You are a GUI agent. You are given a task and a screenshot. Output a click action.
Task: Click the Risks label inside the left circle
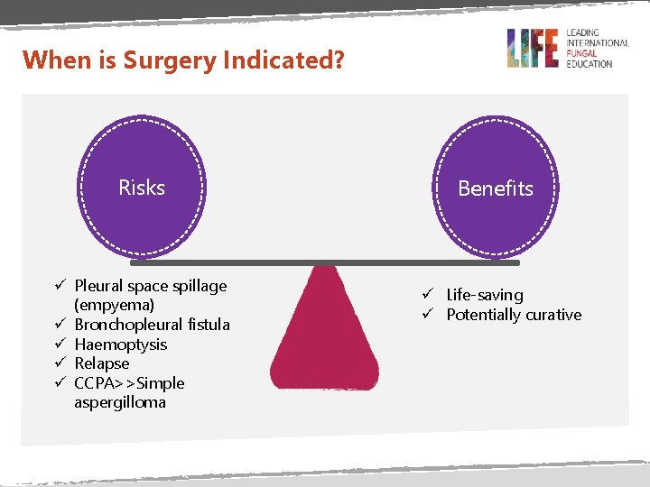click(142, 188)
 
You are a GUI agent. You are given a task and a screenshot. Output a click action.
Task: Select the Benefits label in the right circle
click(495, 188)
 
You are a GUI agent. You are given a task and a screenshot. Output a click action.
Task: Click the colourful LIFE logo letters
click(534, 48)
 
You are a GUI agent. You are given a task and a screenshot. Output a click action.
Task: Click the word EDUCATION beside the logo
click(590, 64)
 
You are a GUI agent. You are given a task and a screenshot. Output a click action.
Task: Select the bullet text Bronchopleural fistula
click(152, 325)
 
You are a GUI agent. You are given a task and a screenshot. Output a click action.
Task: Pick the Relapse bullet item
click(101, 363)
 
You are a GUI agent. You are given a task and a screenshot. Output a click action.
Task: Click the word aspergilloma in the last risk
click(120, 402)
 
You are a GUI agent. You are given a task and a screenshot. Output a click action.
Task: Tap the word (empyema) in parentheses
click(114, 305)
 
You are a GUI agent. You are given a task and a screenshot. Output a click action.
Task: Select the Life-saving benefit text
click(484, 295)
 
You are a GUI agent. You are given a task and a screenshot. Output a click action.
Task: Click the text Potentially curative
click(514, 315)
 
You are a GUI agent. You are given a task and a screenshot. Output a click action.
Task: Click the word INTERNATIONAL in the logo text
click(597, 42)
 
